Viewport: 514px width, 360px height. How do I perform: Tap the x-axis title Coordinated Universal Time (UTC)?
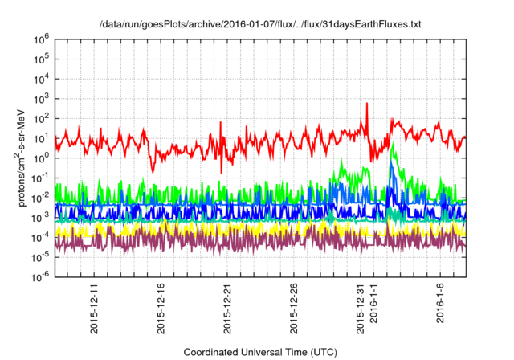260,352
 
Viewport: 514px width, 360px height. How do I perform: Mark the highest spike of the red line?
367,104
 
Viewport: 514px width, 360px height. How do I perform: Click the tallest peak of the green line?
392,145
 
